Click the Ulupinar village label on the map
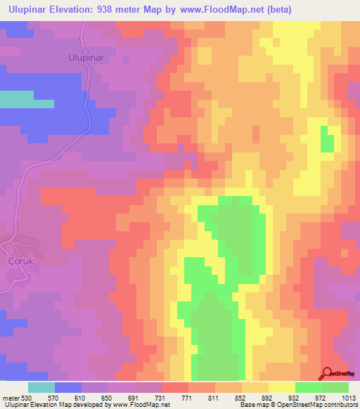pos(86,58)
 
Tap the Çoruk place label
pos(20,260)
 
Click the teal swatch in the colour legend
pos(41,387)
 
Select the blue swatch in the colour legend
pos(67,387)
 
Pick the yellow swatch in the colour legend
pos(281,387)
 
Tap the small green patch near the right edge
pos(328,139)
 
